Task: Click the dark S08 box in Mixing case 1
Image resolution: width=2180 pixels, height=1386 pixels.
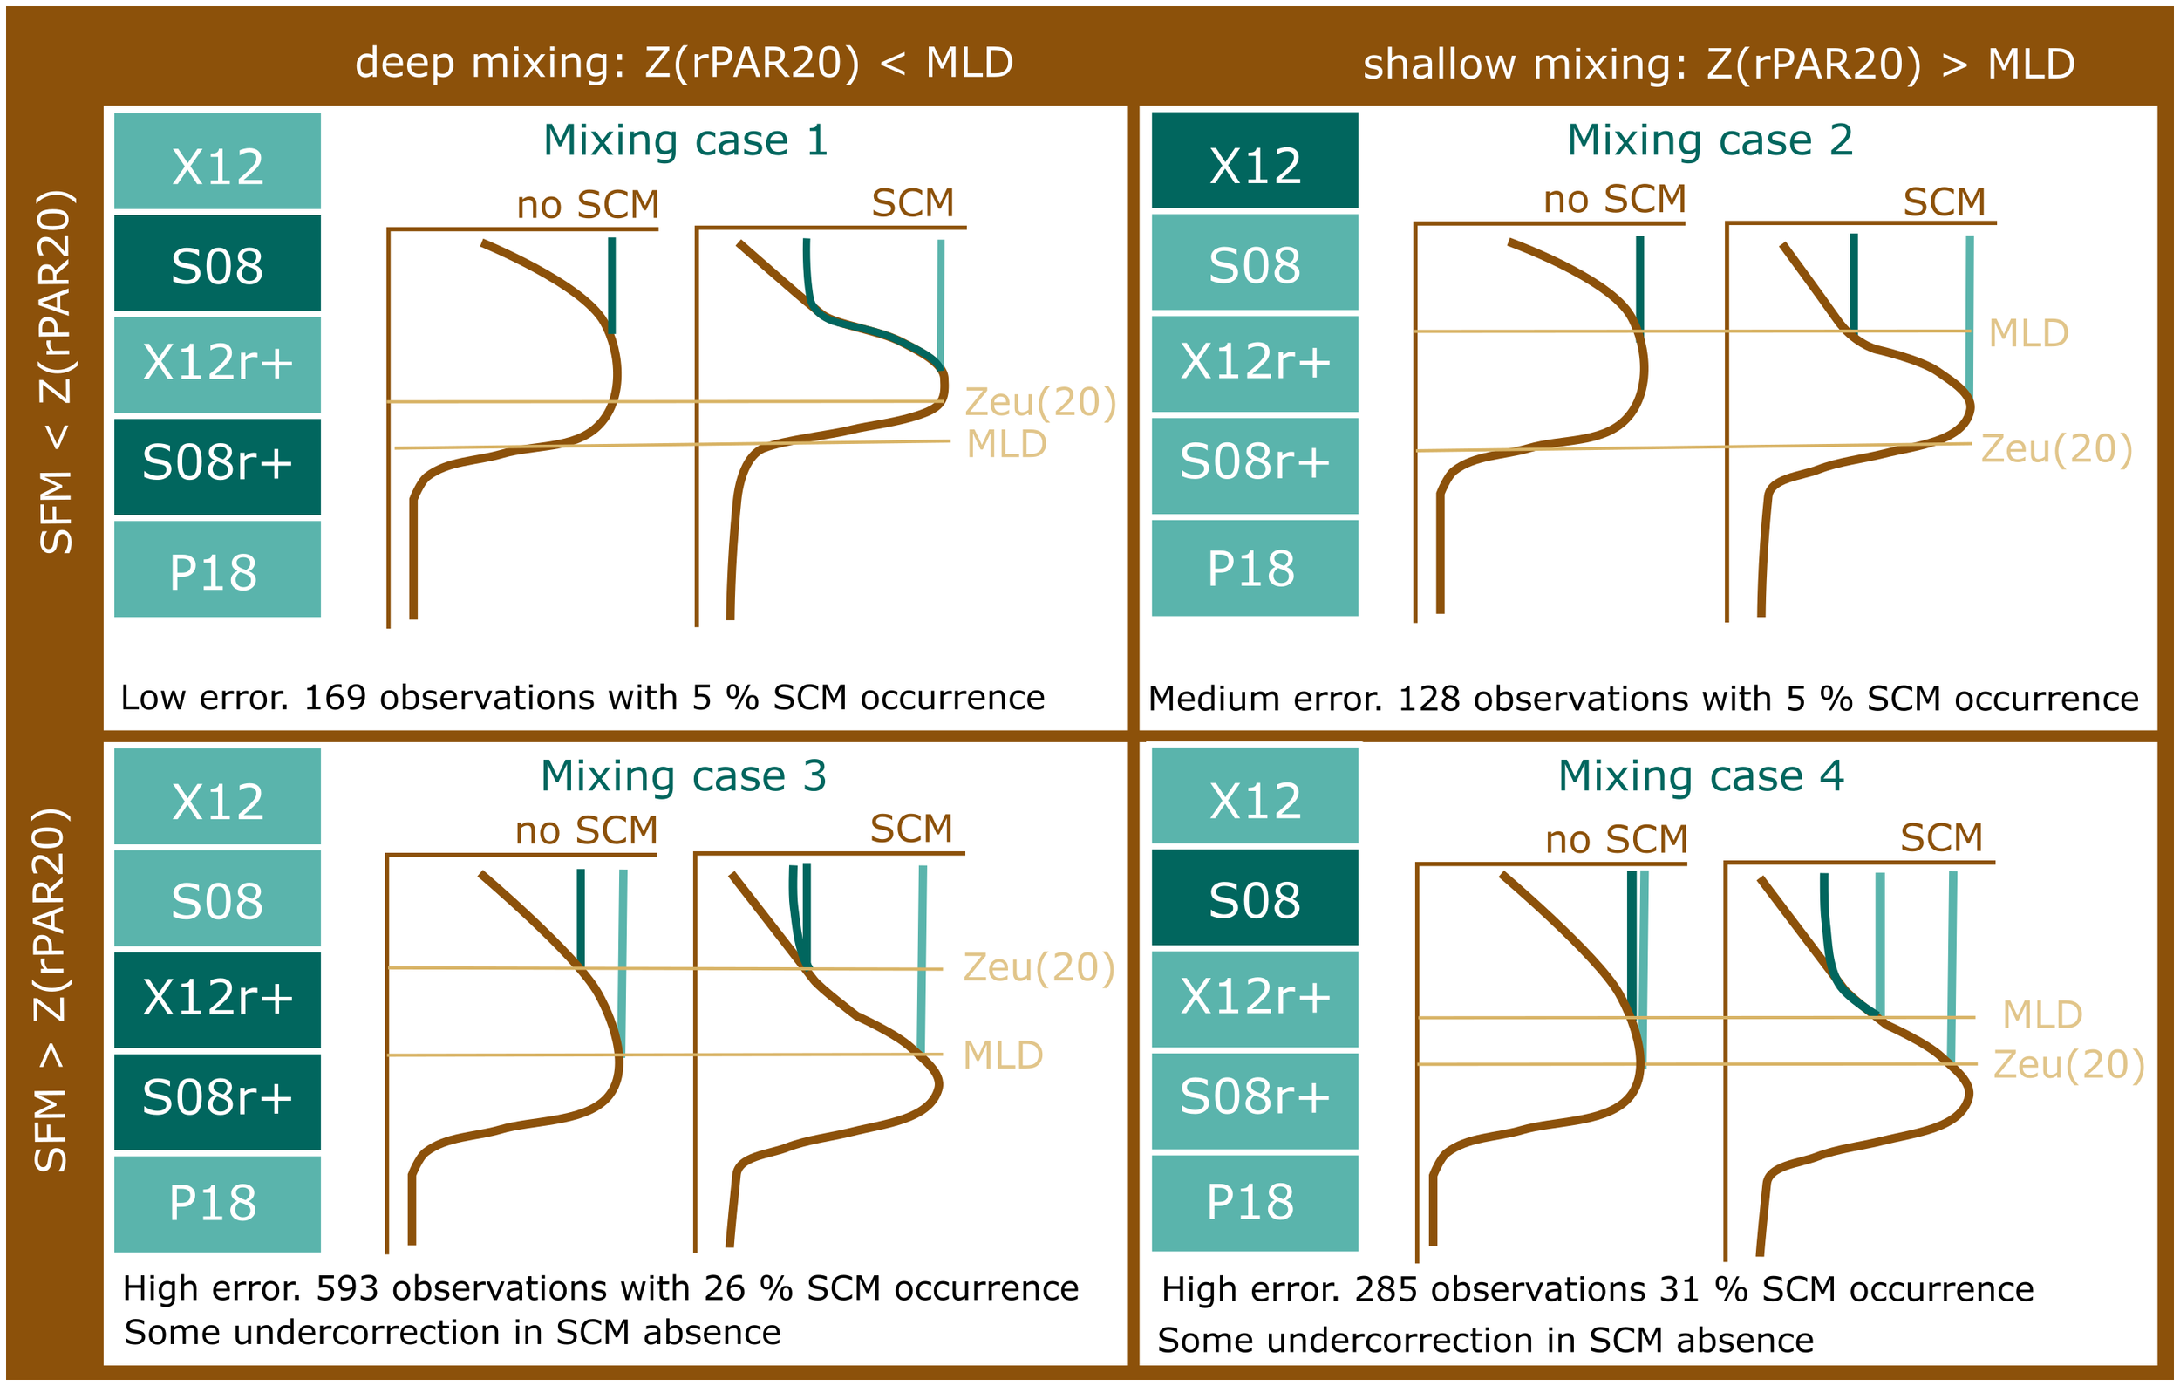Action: (217, 264)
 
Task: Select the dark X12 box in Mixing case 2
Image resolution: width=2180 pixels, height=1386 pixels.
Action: (1255, 163)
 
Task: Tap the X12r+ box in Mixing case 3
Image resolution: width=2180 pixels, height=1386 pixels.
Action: (217, 998)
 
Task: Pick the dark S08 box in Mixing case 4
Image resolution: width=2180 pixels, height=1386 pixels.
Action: (1255, 899)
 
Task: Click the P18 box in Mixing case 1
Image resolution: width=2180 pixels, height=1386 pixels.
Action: (217, 570)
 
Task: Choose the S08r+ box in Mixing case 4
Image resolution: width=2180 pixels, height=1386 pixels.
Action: (1255, 1098)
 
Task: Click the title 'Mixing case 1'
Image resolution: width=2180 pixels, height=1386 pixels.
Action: (685, 140)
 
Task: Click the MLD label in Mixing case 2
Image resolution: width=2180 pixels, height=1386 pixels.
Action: (2028, 333)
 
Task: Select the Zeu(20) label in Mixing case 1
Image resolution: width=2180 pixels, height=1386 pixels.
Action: (1040, 402)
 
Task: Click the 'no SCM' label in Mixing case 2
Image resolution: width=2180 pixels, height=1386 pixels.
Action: (1614, 199)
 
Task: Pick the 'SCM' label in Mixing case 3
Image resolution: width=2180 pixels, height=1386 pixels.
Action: (910, 829)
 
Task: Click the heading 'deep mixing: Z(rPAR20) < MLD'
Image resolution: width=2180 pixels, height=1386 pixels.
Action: (684, 64)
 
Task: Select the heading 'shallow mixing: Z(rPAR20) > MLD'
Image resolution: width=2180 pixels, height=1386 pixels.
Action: (1719, 65)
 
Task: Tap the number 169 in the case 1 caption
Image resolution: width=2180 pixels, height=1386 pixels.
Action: (334, 698)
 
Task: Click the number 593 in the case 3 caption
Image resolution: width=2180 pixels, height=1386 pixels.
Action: (347, 1288)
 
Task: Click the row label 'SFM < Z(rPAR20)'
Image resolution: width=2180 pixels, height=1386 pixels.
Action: (55, 372)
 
